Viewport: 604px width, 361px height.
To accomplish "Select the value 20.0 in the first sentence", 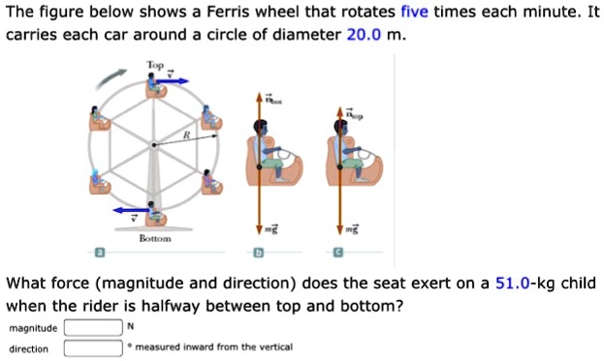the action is point(364,35).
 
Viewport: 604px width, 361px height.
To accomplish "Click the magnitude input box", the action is point(94,328).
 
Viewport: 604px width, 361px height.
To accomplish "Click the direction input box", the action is point(94,347).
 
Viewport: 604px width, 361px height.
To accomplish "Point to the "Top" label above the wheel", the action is point(155,64).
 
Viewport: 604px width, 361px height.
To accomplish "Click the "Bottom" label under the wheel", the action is point(156,237).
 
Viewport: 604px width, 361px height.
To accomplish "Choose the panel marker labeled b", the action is point(258,254).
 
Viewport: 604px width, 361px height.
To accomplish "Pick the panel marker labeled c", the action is point(338,254).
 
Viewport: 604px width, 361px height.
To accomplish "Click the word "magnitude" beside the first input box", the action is point(33,328).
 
